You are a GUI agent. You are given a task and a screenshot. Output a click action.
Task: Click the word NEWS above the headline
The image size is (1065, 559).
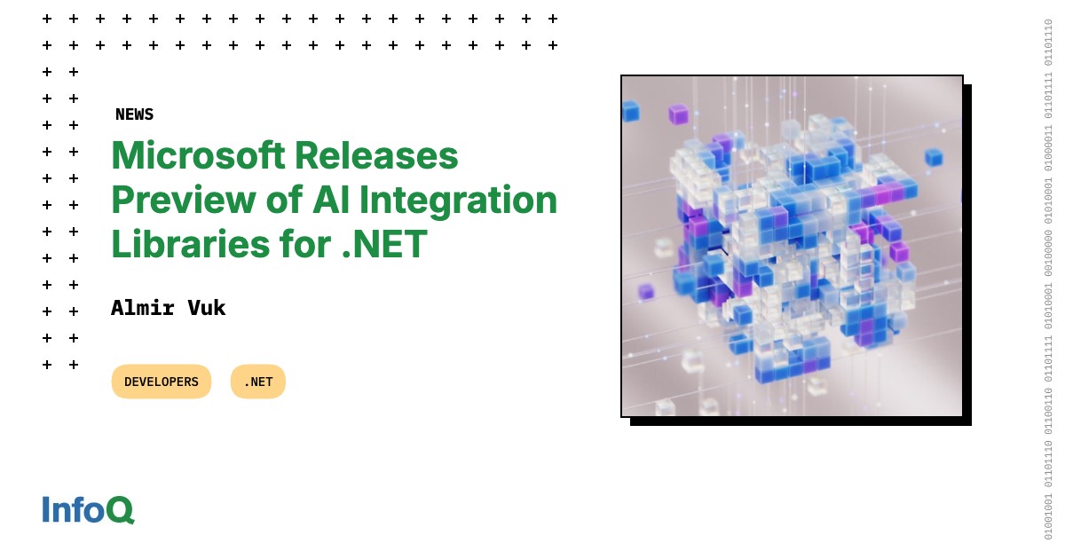coord(134,114)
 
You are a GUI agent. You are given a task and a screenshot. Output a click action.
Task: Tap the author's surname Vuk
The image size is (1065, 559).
coord(207,308)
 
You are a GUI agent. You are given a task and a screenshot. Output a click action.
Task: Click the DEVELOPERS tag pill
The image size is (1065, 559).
coord(162,382)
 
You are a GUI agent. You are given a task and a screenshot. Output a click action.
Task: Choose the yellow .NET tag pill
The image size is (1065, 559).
coord(258,382)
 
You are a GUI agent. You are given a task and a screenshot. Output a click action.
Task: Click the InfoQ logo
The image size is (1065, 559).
coord(88,509)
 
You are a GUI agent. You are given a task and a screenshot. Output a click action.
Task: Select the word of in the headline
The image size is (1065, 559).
coord(277,201)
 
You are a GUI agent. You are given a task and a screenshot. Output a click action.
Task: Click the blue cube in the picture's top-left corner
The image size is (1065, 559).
coord(630,111)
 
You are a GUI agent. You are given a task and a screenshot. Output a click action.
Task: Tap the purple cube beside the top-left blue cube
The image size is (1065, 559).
coord(678,114)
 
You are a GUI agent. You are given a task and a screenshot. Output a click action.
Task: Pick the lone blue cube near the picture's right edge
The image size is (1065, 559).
coord(933,157)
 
